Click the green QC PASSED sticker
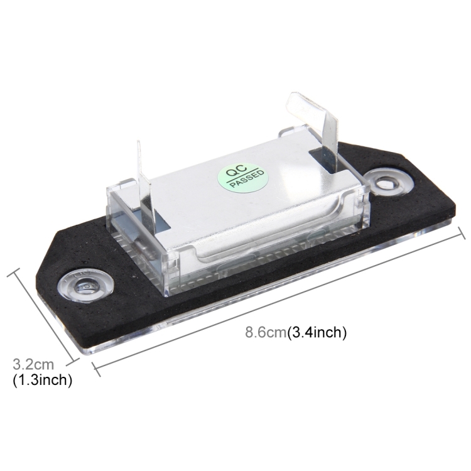[242, 177]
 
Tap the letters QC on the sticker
[236, 171]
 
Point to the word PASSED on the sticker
[247, 179]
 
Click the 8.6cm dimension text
[266, 332]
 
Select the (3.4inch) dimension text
[317, 333]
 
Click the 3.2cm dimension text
[33, 364]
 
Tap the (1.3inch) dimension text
[42, 380]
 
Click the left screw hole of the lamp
[86, 285]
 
